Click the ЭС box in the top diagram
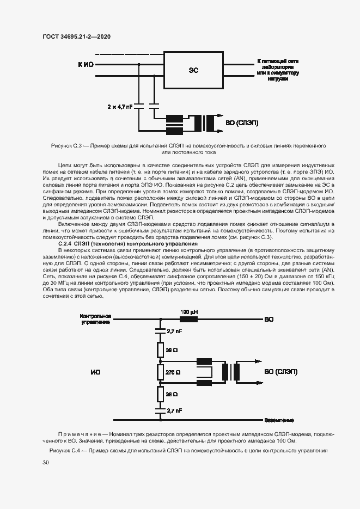click(x=193, y=70)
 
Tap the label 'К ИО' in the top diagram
click(x=86, y=64)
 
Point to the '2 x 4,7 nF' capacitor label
click(x=120, y=107)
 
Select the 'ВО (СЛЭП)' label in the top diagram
click(x=242, y=123)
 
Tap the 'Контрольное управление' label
click(x=96, y=319)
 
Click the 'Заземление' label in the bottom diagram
click(x=279, y=420)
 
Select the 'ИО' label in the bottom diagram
click(x=95, y=372)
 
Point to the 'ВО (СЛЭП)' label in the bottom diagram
click(x=280, y=372)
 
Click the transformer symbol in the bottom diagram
click(x=231, y=372)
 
